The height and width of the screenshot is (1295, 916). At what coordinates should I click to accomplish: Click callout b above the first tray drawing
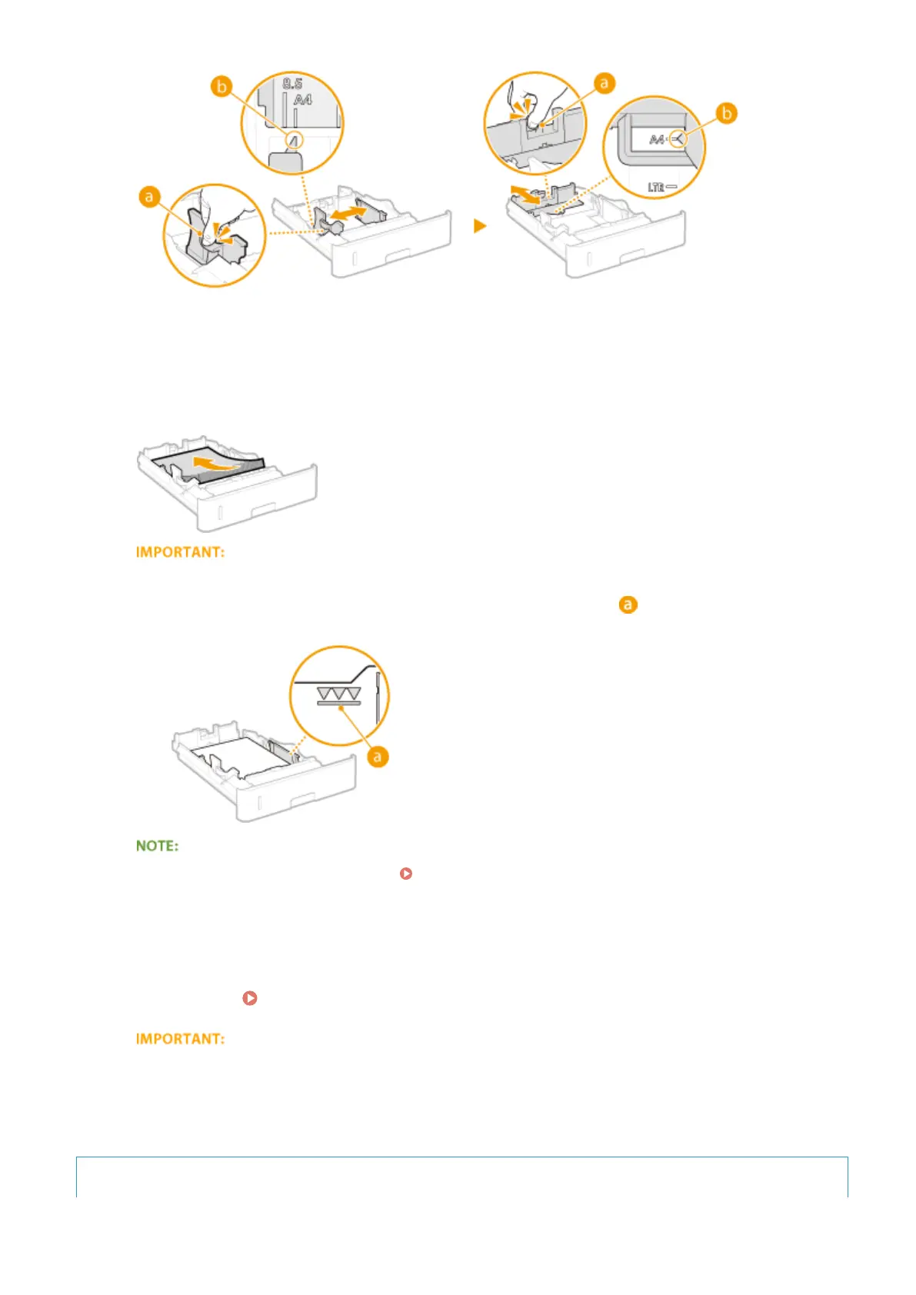pyautogui.click(x=222, y=87)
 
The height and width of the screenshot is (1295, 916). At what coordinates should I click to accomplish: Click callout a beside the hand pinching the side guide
pyautogui.click(x=148, y=198)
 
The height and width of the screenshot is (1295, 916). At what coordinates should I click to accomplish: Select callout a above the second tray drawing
pyautogui.click(x=605, y=83)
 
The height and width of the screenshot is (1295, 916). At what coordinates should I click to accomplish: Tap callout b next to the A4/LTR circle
pyautogui.click(x=726, y=114)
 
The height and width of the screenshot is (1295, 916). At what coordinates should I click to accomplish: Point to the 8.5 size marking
pyautogui.click(x=292, y=84)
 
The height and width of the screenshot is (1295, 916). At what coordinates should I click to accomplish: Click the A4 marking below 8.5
pyautogui.click(x=302, y=100)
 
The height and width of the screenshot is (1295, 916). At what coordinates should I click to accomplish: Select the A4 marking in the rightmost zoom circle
pyautogui.click(x=657, y=140)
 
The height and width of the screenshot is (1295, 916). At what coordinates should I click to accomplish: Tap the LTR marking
pyautogui.click(x=656, y=187)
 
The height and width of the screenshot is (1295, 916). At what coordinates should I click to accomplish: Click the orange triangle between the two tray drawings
pyautogui.click(x=480, y=226)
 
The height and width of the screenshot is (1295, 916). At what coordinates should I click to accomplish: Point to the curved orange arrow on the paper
pyautogui.click(x=215, y=464)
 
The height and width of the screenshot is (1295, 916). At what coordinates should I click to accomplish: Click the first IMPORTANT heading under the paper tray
pyautogui.click(x=180, y=552)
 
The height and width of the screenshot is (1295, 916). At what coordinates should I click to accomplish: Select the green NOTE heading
pyautogui.click(x=157, y=846)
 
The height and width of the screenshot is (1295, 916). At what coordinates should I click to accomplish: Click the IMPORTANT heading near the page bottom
pyautogui.click(x=180, y=1039)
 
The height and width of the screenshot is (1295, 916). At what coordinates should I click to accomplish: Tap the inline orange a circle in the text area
pyautogui.click(x=628, y=605)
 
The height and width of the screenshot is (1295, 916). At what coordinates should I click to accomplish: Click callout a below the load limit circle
pyautogui.click(x=377, y=757)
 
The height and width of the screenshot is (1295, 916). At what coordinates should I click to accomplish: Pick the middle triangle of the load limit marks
pyautogui.click(x=338, y=694)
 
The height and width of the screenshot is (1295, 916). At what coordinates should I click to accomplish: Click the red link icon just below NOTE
pyautogui.click(x=406, y=874)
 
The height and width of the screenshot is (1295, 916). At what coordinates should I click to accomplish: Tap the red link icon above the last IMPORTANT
pyautogui.click(x=250, y=998)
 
